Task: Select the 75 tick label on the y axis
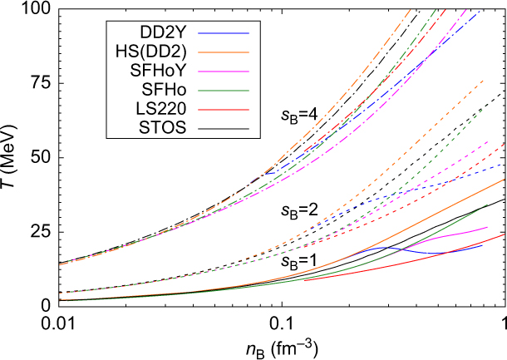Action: (40, 83)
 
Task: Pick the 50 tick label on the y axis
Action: (40, 157)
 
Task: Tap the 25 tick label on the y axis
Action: (40, 231)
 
